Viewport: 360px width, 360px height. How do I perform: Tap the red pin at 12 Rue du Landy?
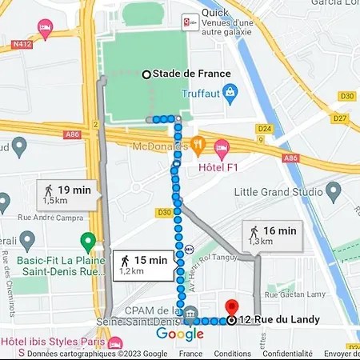pyautogui.click(x=231, y=307)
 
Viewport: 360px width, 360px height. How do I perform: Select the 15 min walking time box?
pyautogui.click(x=144, y=264)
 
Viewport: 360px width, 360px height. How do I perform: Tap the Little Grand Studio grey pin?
pyautogui.click(x=331, y=192)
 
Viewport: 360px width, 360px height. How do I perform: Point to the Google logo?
pyautogui.click(x=180, y=334)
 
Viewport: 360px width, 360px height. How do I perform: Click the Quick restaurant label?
pyautogui.click(x=217, y=13)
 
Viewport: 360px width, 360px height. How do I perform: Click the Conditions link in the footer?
pyautogui.click(x=233, y=354)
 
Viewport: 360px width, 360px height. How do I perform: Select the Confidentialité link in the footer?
pyautogui.click(x=287, y=354)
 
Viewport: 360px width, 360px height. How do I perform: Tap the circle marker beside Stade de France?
pyautogui.click(x=146, y=74)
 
